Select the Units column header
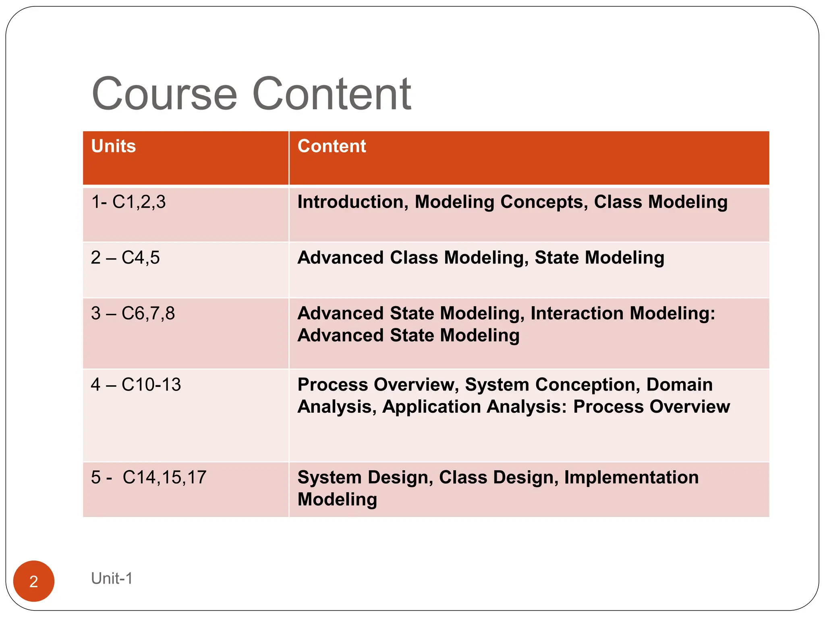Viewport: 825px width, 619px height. tap(114, 146)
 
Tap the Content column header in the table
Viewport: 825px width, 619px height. tap(332, 146)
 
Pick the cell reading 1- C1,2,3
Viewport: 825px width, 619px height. tap(129, 202)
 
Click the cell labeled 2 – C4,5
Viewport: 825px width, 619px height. tap(125, 258)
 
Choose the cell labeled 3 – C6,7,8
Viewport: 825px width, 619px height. tap(133, 314)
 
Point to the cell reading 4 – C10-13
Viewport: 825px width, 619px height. tap(136, 385)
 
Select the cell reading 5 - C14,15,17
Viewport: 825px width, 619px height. tap(149, 478)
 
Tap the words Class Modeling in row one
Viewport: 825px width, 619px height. tap(661, 202)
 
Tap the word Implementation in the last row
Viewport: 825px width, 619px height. tap(631, 478)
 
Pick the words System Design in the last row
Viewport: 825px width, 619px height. tap(365, 478)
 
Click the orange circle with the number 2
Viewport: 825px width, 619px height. tap(34, 581)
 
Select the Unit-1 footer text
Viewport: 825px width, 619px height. tap(112, 578)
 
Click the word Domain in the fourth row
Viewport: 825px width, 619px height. tap(679, 385)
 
